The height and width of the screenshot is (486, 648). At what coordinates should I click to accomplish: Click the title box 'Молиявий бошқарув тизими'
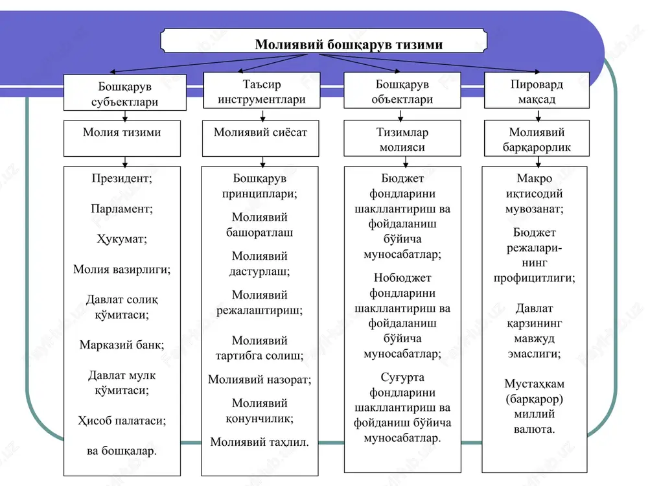click(323, 41)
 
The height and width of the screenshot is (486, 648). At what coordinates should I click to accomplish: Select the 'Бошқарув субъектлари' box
click(125, 93)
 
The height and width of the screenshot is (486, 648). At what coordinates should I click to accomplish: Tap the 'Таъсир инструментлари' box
click(262, 91)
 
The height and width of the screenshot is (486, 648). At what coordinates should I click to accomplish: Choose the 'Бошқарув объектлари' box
click(402, 91)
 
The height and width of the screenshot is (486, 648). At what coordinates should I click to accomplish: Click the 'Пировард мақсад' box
click(537, 91)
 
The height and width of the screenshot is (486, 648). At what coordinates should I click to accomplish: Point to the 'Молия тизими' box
click(122, 139)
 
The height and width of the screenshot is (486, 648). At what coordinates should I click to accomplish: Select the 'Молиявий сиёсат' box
click(260, 139)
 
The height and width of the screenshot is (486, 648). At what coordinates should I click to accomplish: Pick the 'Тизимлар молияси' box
click(402, 139)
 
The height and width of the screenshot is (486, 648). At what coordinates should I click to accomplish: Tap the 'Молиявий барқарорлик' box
click(537, 139)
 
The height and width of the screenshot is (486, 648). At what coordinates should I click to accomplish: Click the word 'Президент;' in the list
click(122, 179)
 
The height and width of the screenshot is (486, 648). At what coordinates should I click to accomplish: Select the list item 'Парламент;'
click(122, 209)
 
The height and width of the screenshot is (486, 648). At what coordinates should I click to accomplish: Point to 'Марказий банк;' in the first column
click(122, 345)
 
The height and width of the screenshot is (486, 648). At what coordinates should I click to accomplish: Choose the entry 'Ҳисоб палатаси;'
click(122, 421)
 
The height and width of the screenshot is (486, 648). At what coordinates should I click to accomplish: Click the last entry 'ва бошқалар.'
click(122, 451)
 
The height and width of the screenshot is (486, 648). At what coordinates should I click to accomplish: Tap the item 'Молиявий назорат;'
click(260, 379)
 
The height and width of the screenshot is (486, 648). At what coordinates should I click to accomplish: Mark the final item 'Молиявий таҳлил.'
click(260, 442)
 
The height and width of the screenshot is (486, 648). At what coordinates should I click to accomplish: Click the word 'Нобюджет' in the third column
click(402, 278)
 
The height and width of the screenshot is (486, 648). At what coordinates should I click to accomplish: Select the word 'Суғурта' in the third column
click(402, 378)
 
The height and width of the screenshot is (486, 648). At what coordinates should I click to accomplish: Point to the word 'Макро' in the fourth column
click(535, 179)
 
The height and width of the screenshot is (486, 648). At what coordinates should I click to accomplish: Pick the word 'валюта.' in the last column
click(535, 430)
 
